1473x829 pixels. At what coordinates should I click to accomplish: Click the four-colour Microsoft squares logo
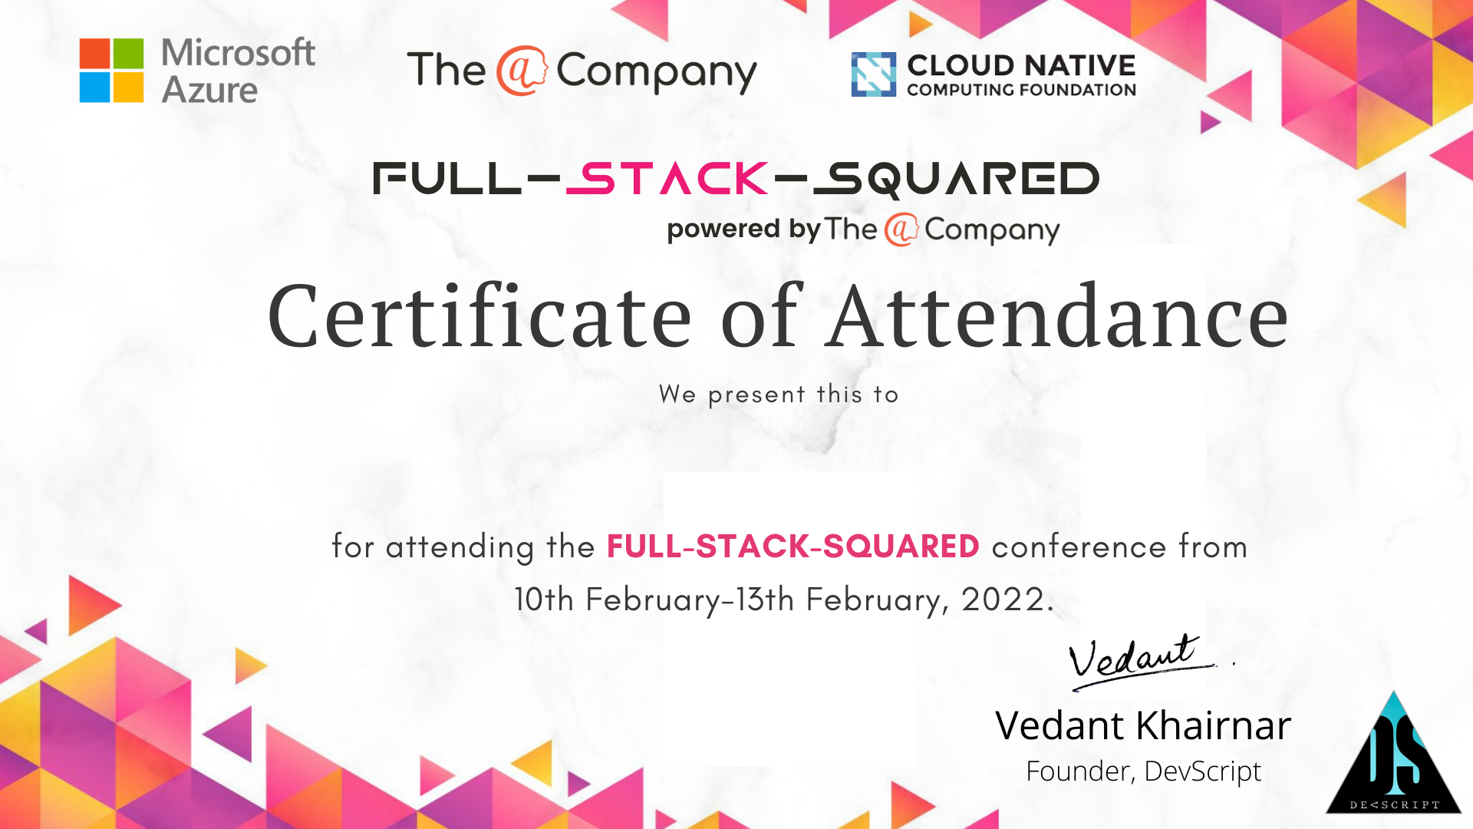coord(111,71)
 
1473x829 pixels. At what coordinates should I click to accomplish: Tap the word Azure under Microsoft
coord(209,91)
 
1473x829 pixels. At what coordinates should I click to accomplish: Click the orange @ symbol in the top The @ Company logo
coord(521,71)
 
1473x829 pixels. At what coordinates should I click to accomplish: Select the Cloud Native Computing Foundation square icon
coord(874,74)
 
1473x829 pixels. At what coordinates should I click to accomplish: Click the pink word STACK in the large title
coord(667,178)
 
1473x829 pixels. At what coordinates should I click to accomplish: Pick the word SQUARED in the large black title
coord(956,180)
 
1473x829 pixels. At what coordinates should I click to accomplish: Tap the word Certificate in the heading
coord(479,316)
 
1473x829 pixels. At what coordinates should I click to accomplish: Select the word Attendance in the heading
coord(1059,315)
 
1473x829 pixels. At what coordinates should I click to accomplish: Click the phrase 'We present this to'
coord(779,395)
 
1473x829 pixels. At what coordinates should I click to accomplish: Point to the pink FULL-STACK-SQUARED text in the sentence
coord(793,547)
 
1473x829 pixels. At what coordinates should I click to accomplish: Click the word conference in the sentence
coord(1079,547)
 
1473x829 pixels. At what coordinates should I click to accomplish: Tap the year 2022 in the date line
coord(1003,599)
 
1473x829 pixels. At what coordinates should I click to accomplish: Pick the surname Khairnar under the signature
coord(1214,725)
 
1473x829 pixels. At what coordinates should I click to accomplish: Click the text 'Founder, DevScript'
coord(1143,771)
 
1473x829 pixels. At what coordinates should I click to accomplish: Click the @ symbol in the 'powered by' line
coord(901,230)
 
